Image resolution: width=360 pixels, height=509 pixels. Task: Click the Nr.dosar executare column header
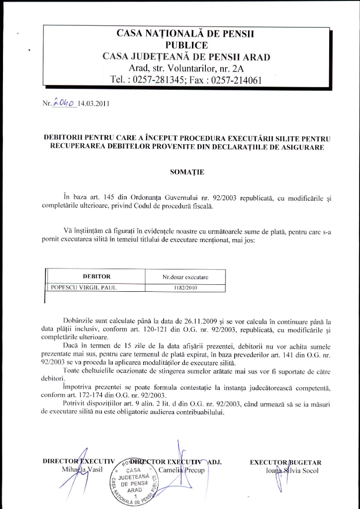point(185,276)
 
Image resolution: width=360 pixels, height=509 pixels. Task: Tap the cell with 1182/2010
point(185,287)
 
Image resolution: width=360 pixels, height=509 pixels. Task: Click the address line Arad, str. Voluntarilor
point(186,68)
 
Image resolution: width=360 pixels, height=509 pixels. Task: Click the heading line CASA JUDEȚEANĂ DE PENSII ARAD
point(186,57)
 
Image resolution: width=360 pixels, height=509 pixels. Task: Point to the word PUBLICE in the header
point(186,45)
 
